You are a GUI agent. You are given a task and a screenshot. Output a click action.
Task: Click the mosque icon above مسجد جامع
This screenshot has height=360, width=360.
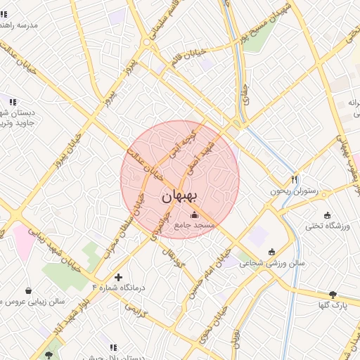point(195,214)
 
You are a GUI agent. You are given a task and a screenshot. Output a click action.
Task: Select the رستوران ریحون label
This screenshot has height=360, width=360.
point(295,191)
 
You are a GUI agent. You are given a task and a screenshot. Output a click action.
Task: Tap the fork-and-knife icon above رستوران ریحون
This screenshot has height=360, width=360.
point(295,179)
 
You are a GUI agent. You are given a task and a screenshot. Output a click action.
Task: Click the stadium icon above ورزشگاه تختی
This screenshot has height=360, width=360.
point(327,214)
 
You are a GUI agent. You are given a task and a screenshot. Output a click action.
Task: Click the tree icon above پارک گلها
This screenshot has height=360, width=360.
point(333,295)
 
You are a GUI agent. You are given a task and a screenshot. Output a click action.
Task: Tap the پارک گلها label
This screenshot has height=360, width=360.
point(333,307)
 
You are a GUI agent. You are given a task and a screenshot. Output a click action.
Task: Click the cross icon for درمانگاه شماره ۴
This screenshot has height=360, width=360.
point(118,277)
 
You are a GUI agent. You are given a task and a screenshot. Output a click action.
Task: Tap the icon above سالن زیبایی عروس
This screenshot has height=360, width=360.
point(28,290)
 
